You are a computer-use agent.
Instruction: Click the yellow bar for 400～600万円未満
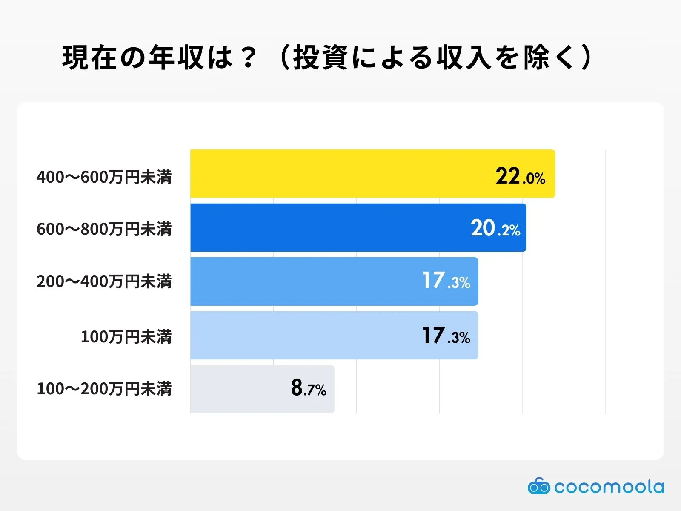tap(340, 174)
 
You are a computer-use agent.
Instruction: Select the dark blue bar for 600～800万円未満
tap(332, 228)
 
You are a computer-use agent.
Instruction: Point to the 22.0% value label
tap(520, 176)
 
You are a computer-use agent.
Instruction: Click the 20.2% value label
tap(495, 229)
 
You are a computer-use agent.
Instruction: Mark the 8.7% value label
tap(309, 388)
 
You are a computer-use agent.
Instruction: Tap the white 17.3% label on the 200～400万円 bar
tap(446, 281)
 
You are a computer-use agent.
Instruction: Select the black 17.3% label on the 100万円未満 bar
tap(446, 336)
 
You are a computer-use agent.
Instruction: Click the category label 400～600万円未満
tap(104, 177)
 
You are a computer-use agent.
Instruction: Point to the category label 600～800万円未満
tap(104, 229)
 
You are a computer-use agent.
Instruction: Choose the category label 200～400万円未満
tap(104, 281)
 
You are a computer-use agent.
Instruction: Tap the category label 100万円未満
tap(126, 337)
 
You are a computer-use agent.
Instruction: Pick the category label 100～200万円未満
tap(104, 389)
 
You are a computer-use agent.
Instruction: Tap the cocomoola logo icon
tap(539, 486)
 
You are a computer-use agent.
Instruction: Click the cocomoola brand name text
tap(609, 487)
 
